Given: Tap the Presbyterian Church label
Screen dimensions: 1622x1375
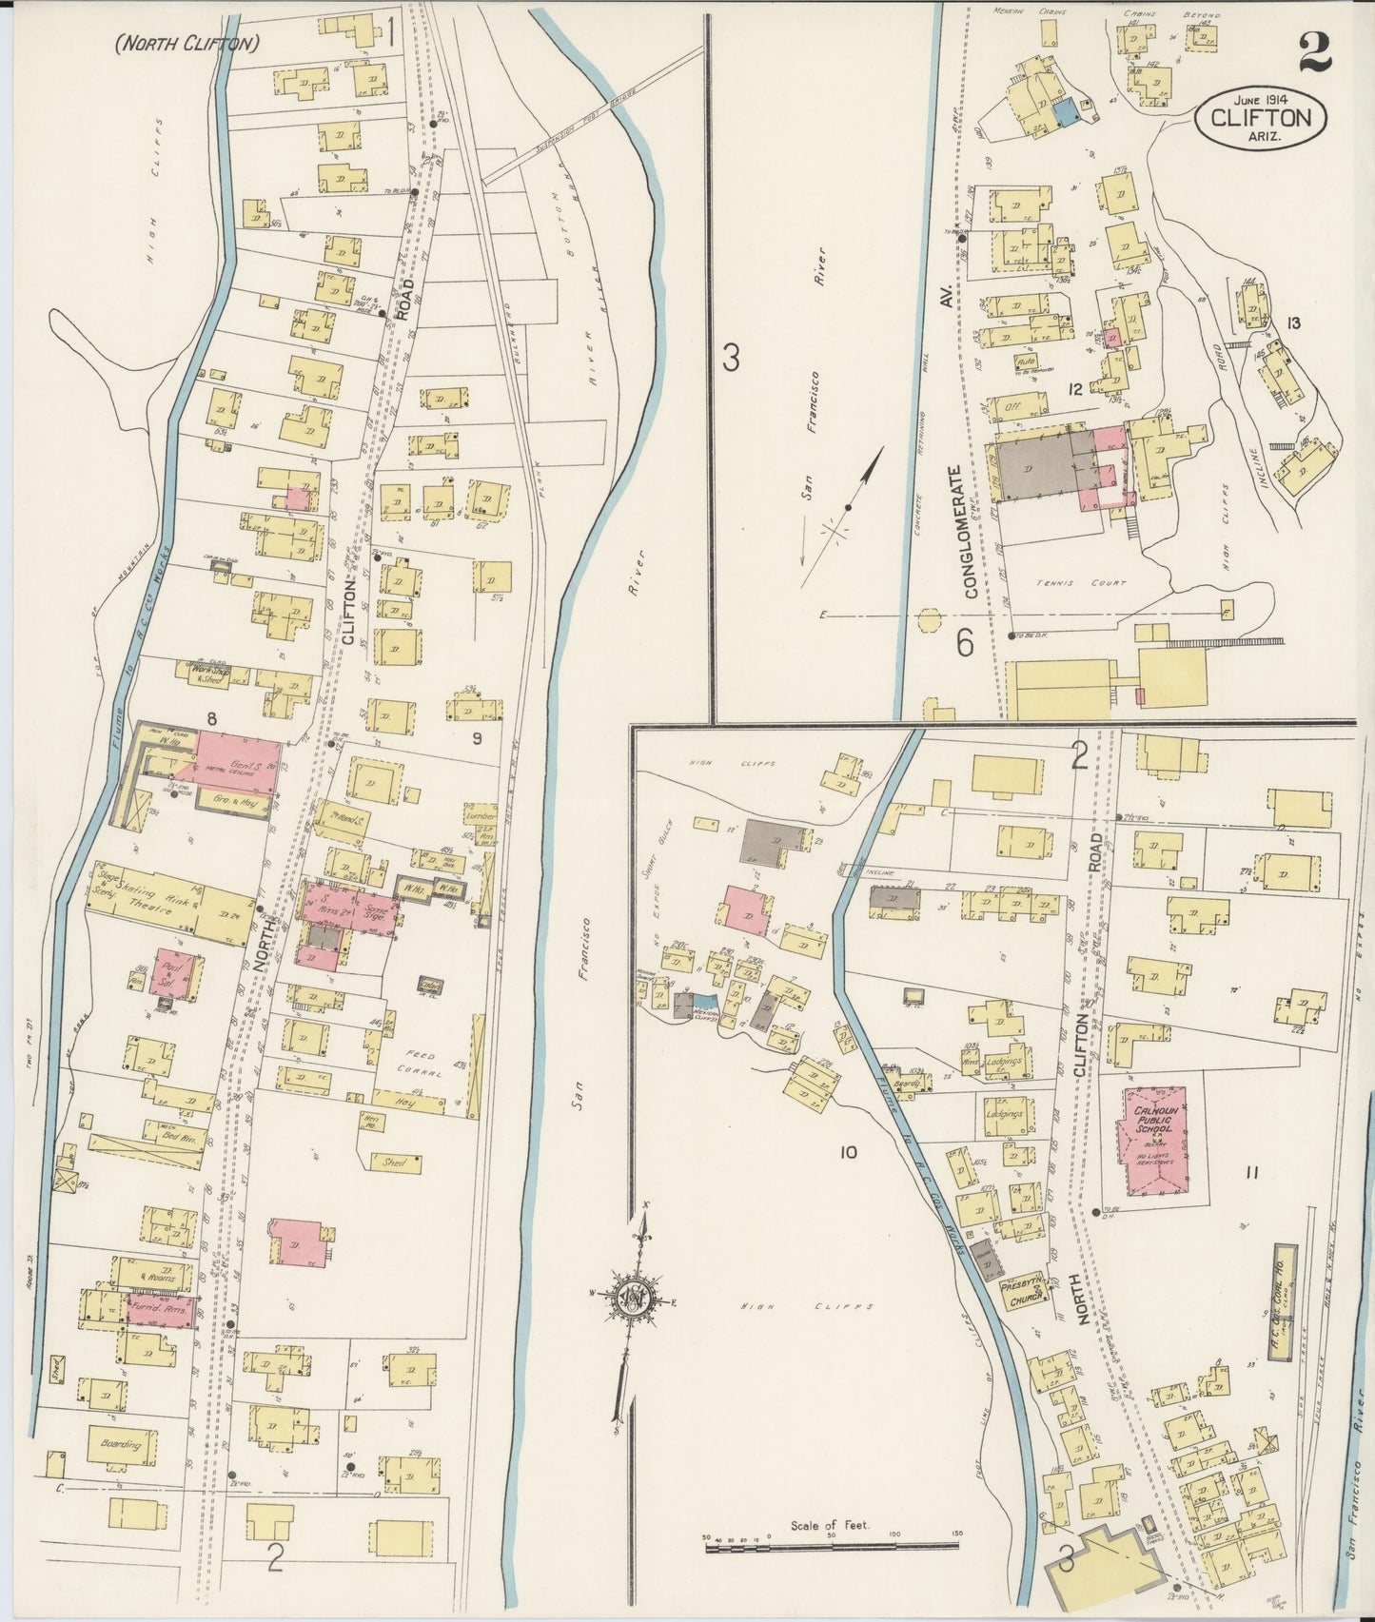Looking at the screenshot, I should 1023,1293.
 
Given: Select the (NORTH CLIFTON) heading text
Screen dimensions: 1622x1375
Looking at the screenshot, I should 187,43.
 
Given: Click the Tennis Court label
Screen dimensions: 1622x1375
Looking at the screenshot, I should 1096,583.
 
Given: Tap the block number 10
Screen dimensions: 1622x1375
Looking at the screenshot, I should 848,1153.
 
